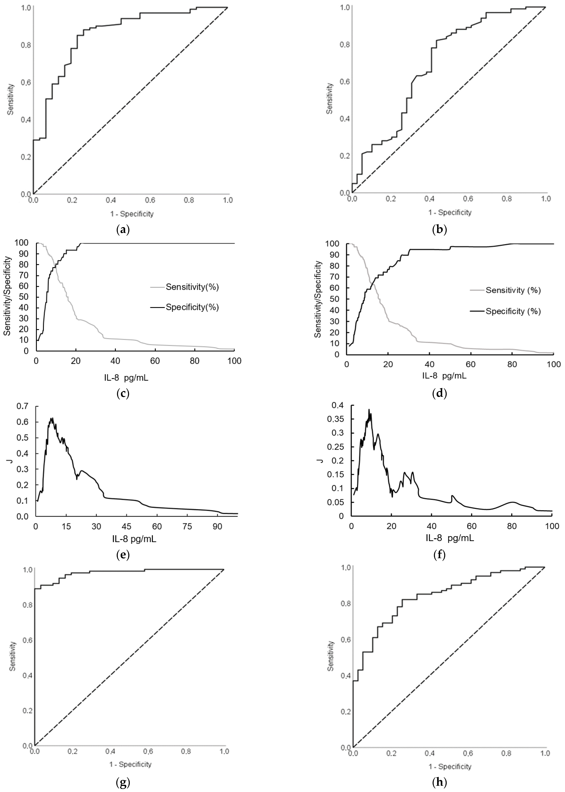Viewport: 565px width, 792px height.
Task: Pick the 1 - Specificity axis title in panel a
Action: point(132,214)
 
